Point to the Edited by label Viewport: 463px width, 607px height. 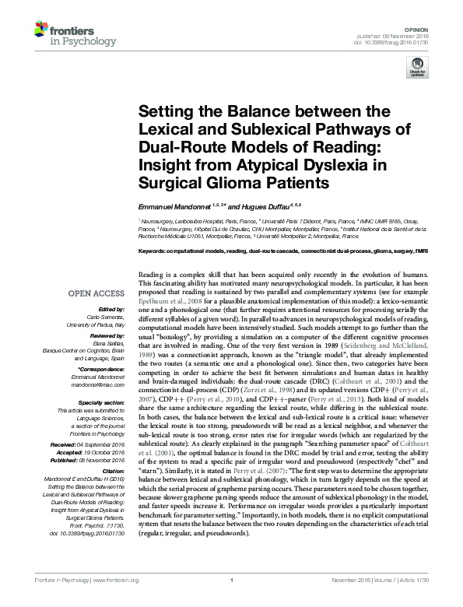tap(107, 310)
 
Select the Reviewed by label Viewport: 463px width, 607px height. tap(103, 334)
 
